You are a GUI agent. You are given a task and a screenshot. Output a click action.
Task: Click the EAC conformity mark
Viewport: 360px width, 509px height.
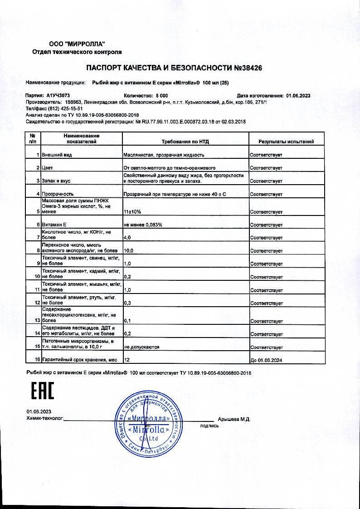42,391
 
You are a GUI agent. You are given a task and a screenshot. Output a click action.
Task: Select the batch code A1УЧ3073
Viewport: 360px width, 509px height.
58,96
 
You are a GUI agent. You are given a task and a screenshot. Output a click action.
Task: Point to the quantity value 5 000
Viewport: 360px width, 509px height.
162,96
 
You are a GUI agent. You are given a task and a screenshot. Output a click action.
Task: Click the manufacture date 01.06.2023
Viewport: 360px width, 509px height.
298,96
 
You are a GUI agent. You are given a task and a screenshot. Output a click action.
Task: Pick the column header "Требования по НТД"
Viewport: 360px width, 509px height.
185,142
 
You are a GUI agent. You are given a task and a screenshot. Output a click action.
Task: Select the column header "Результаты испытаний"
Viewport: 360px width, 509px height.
286,142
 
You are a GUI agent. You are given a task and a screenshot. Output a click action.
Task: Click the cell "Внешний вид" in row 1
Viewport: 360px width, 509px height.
57,155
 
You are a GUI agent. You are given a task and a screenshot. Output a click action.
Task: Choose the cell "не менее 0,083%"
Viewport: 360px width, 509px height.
143,225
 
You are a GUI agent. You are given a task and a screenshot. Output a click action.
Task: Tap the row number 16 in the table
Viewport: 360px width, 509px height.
36,360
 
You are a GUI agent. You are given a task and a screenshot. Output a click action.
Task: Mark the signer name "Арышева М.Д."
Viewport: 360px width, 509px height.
234,419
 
